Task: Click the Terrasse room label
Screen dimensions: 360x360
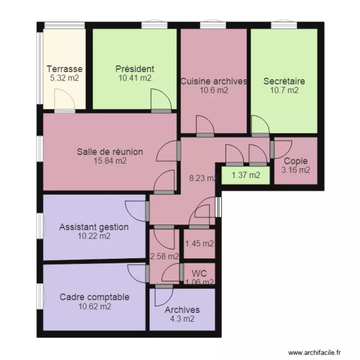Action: click(x=64, y=69)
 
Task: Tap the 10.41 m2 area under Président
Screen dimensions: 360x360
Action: click(x=135, y=78)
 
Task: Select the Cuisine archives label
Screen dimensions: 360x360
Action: click(x=214, y=81)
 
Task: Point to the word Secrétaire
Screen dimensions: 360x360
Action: click(x=284, y=81)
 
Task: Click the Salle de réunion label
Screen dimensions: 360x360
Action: click(x=110, y=152)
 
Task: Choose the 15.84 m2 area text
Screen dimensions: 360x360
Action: click(x=110, y=161)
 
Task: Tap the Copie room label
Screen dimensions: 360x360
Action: click(x=296, y=161)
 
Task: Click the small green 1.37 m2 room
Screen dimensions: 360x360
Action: click(x=246, y=175)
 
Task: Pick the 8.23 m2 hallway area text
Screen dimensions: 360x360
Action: click(x=203, y=178)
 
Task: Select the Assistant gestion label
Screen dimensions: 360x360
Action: click(x=94, y=227)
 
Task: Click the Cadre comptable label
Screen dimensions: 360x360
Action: click(x=95, y=297)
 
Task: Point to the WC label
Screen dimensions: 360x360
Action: click(x=199, y=274)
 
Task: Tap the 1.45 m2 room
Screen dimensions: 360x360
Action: click(x=199, y=244)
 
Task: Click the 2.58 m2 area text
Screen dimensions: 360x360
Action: click(x=164, y=256)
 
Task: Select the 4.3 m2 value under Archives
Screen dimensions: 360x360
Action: click(x=182, y=319)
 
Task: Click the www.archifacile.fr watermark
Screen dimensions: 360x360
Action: click(x=314, y=352)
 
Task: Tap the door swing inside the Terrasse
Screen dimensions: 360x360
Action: click(x=65, y=99)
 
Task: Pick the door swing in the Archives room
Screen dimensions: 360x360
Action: click(x=164, y=297)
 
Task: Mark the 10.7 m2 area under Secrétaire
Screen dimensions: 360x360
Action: click(x=284, y=90)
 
